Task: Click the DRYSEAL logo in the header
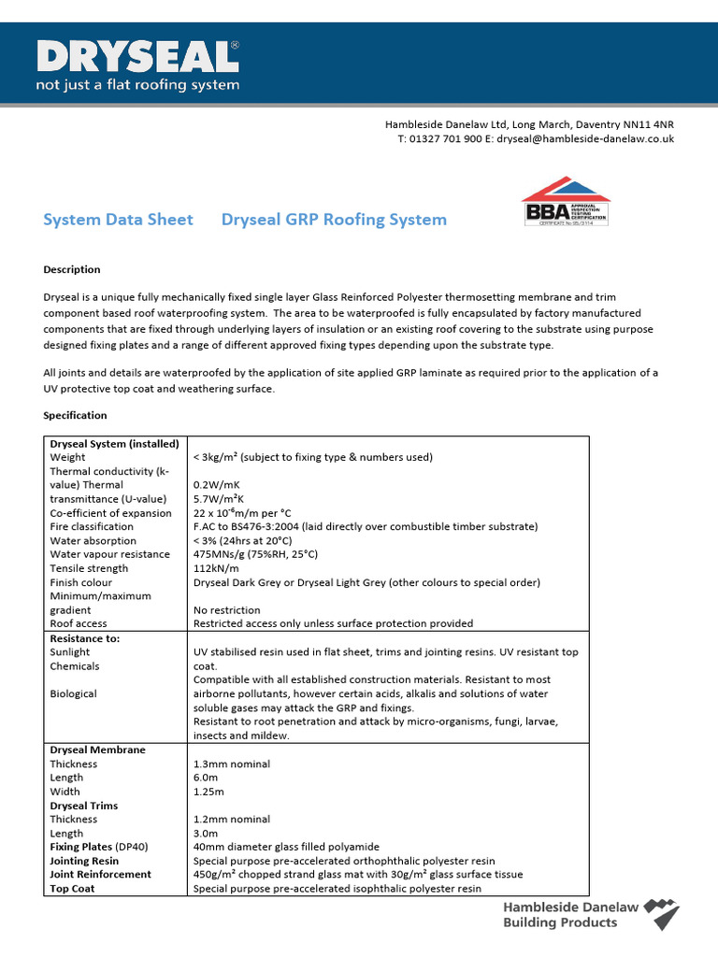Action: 137,58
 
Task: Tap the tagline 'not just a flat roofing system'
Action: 137,85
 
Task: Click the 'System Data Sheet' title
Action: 119,220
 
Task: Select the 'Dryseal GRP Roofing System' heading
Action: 334,220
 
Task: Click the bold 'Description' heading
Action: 72,269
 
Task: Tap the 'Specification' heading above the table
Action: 76,415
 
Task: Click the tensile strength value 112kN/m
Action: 216,568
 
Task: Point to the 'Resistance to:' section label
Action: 85,638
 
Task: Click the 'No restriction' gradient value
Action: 225,609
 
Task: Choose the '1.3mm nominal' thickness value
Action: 231,764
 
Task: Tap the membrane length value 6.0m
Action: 205,778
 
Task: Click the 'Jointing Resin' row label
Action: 84,861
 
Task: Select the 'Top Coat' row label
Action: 72,889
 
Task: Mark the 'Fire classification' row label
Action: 92,526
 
